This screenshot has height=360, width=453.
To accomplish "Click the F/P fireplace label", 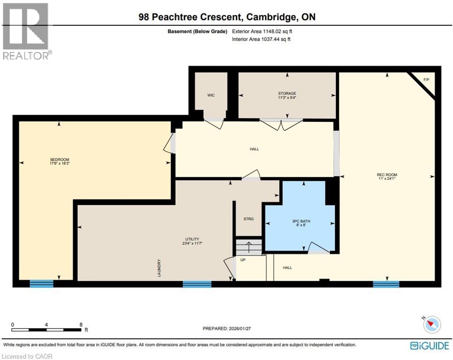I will [x=426, y=80].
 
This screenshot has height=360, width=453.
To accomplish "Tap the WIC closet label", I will [x=211, y=95].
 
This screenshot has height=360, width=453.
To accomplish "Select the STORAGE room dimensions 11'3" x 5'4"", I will [x=287, y=97].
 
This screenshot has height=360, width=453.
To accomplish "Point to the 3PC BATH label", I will [x=298, y=221].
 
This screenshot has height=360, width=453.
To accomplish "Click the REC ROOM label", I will [x=387, y=175].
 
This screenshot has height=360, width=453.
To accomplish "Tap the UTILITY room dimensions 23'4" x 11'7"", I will [x=192, y=243].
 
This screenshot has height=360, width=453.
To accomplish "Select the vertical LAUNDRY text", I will [x=159, y=268].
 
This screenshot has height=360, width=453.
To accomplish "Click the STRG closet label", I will [x=248, y=218].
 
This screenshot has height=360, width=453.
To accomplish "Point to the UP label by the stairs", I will [x=243, y=259].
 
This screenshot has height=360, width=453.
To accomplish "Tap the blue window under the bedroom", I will [x=42, y=283].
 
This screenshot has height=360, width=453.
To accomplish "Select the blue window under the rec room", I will [x=386, y=284].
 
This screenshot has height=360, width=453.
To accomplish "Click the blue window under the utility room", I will [x=197, y=284].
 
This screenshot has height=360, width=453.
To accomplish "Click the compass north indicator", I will [x=431, y=324].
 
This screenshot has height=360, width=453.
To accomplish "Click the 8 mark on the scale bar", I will [x=81, y=324].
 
